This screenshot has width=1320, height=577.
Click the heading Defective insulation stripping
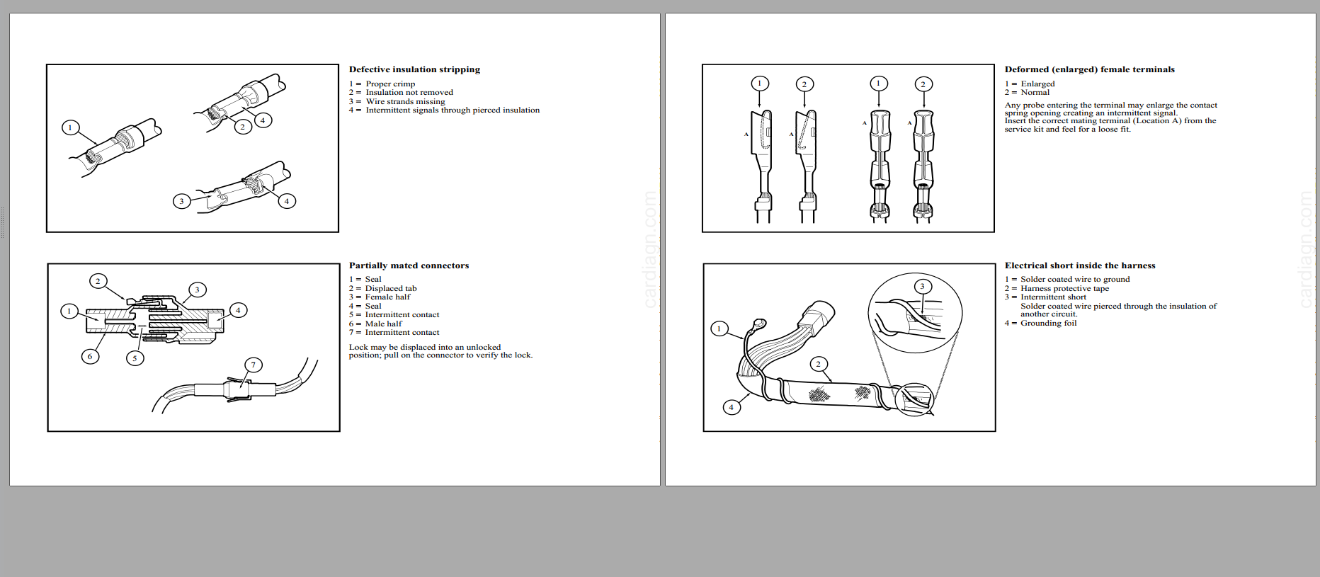414,69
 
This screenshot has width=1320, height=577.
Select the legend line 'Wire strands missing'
405,101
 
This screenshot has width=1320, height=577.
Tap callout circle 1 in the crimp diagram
70,127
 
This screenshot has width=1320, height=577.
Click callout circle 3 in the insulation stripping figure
181,201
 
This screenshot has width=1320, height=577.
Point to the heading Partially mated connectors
409,265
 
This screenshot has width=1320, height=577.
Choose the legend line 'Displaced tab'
390,288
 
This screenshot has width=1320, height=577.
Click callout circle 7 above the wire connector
254,365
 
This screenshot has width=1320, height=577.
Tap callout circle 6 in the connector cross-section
90,356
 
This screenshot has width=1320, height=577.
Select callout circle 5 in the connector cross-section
135,358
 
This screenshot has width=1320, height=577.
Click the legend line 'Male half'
383,324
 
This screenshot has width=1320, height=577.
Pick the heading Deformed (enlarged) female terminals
1089,69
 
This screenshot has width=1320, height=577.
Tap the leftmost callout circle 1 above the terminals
760,84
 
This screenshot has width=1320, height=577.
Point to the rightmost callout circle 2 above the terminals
923,84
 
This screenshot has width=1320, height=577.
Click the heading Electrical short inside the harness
1079,265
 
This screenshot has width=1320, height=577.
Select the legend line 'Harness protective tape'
1064,288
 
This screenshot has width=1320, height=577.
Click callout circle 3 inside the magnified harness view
922,287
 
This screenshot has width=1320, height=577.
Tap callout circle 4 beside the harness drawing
732,407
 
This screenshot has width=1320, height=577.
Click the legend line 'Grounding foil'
1048,323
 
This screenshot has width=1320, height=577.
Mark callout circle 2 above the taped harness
819,364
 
